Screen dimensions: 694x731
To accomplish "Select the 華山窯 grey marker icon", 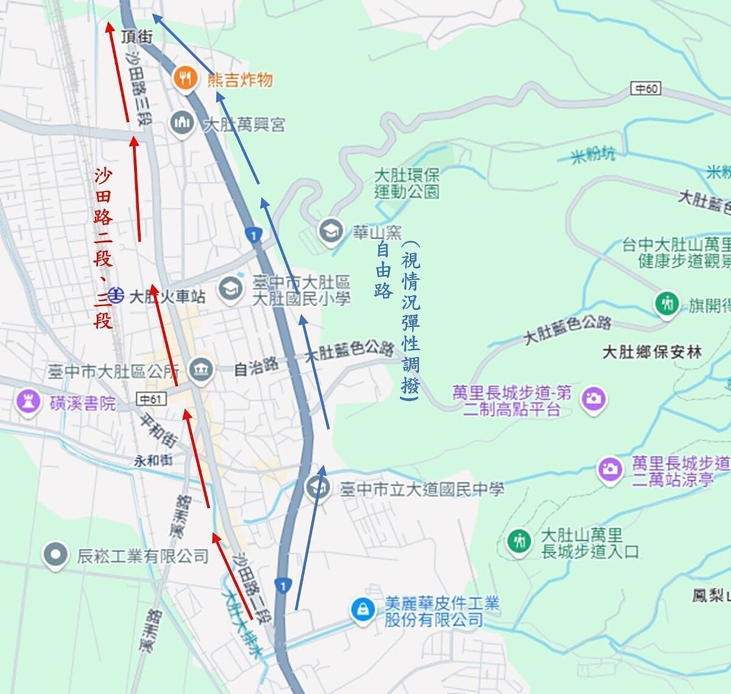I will (331, 231).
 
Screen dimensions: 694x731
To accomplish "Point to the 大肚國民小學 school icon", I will (230, 289).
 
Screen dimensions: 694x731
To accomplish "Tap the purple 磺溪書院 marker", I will (28, 401).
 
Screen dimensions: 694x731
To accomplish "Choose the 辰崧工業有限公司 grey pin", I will (55, 555).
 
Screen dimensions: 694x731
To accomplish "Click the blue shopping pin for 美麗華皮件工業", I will (363, 610).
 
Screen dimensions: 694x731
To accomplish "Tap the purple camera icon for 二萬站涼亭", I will (609, 469).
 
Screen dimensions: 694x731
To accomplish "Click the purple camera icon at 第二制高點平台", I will (593, 399).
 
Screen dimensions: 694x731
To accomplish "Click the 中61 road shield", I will (150, 399).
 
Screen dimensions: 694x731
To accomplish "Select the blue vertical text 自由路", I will (383, 269).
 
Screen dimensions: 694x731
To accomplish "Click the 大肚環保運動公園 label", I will (406, 183).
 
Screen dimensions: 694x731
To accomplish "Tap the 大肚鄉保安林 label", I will (651, 352).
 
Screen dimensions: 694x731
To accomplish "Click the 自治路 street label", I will (256, 367).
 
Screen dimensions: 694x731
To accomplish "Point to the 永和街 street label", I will (153, 460).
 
